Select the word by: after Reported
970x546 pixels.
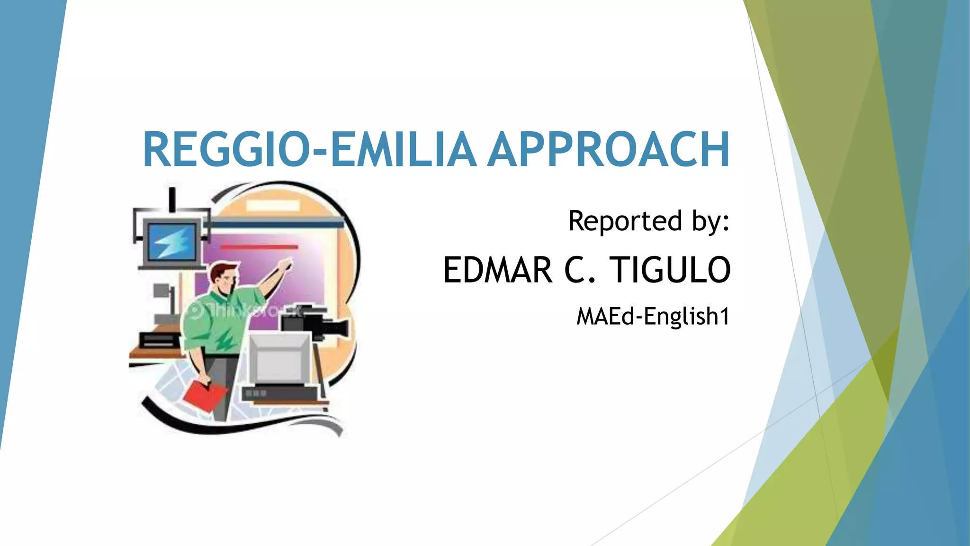point(710,222)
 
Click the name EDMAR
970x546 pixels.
point(497,270)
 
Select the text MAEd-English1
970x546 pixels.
point(653,317)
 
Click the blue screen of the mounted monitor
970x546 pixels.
point(172,241)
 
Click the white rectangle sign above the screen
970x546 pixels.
point(273,205)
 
